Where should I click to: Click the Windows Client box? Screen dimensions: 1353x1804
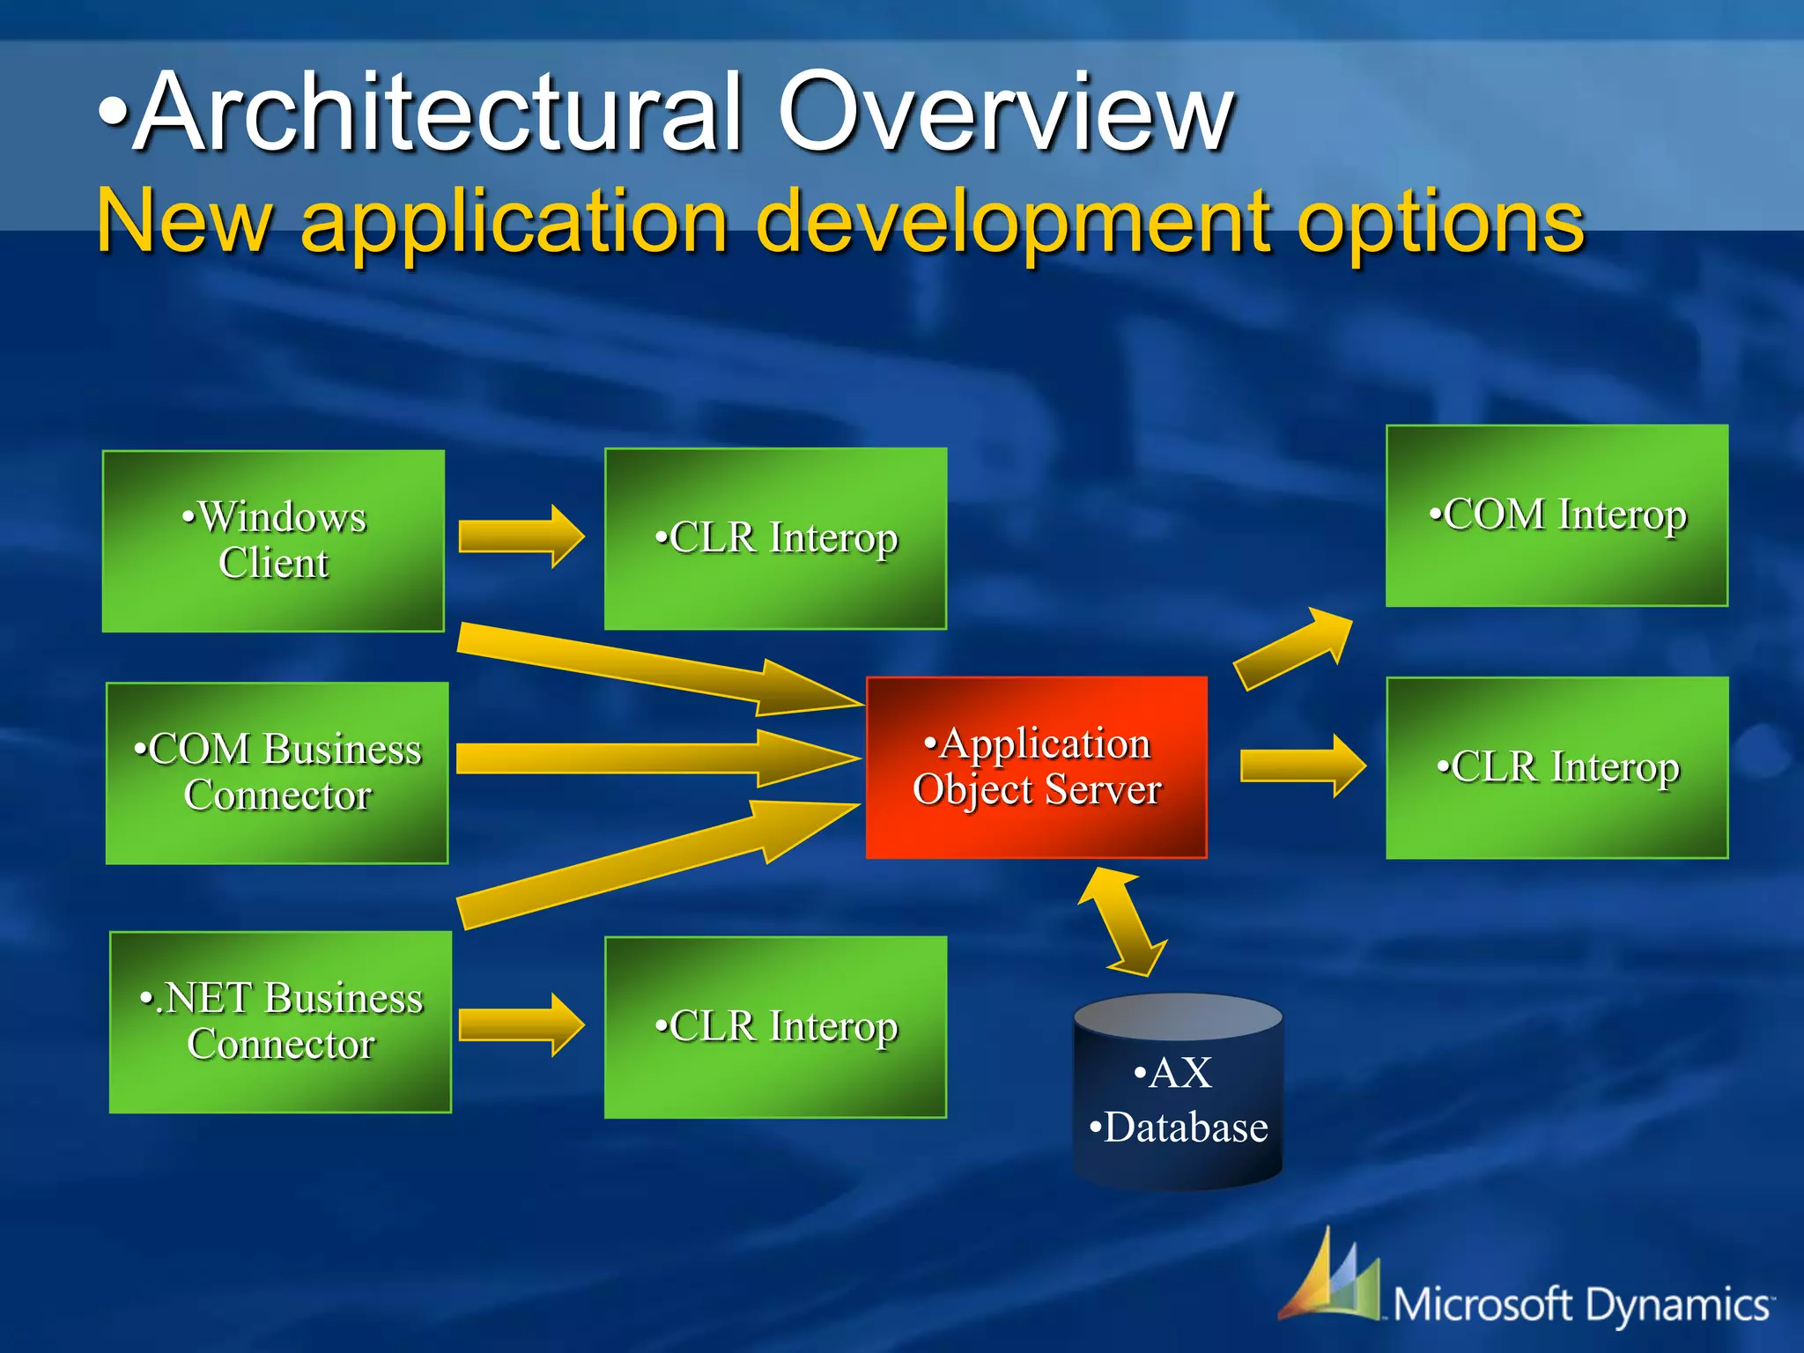273,540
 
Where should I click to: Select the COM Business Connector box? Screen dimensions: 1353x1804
277,773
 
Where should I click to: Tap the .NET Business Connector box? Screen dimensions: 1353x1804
280,1022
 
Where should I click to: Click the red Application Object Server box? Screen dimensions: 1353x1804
1036,766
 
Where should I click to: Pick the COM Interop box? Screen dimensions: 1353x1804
1556,515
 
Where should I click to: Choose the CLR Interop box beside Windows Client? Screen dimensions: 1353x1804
775,538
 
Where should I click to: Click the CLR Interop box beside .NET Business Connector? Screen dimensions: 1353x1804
775,1027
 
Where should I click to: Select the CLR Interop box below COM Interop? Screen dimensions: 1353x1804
1556,767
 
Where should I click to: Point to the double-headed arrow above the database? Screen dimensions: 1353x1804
1122,921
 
